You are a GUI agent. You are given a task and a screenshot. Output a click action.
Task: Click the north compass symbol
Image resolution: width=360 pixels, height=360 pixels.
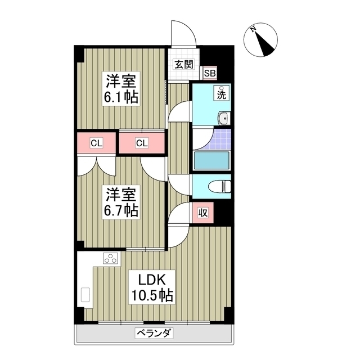[261, 40]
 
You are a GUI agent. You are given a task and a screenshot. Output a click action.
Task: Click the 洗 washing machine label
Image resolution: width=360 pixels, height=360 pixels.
[222, 94]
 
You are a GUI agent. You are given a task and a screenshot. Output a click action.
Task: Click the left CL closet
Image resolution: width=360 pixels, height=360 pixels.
[97, 143]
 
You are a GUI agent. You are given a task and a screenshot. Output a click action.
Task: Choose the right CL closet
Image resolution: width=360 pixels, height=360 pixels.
[142, 143]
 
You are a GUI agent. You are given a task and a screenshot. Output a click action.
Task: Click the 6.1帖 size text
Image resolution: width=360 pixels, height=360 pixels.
[120, 97]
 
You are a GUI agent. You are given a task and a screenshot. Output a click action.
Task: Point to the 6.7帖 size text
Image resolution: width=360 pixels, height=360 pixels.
[120, 211]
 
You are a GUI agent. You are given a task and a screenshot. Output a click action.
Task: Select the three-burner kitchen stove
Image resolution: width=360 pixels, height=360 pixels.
[110, 259]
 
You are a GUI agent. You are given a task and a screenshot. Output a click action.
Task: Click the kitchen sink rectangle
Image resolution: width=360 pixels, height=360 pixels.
[86, 295]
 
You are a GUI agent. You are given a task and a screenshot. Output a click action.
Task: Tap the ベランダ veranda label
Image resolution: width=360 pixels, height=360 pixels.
[154, 333]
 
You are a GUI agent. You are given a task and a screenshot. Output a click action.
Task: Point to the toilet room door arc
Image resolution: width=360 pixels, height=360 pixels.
[179, 184]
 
